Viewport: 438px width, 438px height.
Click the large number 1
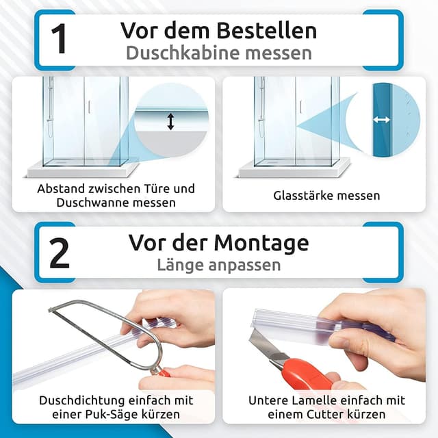(x=59, y=39)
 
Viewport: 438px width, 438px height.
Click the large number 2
(x=59, y=252)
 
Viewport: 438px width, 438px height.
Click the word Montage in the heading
(x=269, y=242)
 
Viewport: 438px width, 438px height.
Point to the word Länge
(x=184, y=265)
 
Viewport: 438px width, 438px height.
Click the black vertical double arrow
(x=170, y=121)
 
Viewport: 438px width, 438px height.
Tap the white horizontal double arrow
(x=381, y=120)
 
